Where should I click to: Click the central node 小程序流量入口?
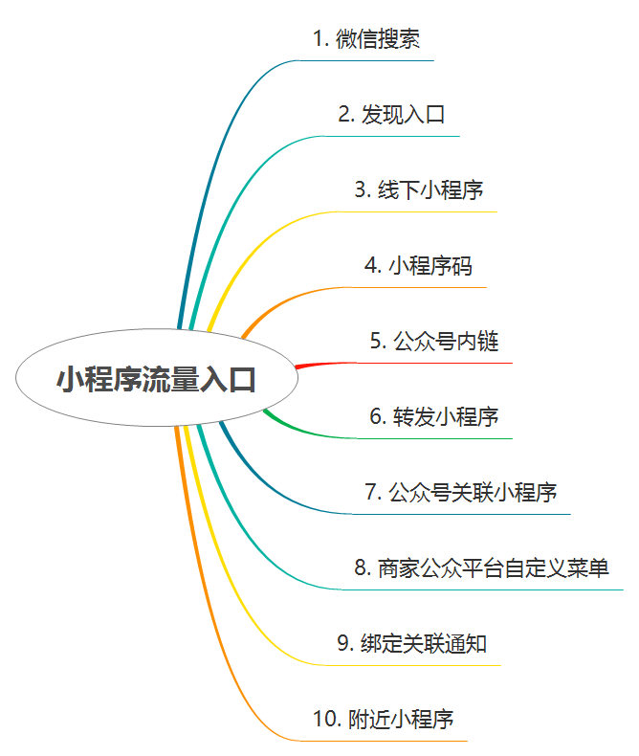(157, 379)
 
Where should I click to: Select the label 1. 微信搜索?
(367, 39)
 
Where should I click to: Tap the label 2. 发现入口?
(391, 115)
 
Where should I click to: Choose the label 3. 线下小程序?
(418, 189)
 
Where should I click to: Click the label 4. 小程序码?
(418, 265)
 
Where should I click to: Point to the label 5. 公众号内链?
(434, 341)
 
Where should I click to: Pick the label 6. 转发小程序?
(434, 416)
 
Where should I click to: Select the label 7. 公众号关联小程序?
(460, 492)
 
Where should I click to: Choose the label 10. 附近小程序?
(383, 719)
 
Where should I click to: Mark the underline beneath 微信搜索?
(373, 60)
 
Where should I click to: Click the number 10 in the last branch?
(324, 719)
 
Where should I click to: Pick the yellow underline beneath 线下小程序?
(421, 211)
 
